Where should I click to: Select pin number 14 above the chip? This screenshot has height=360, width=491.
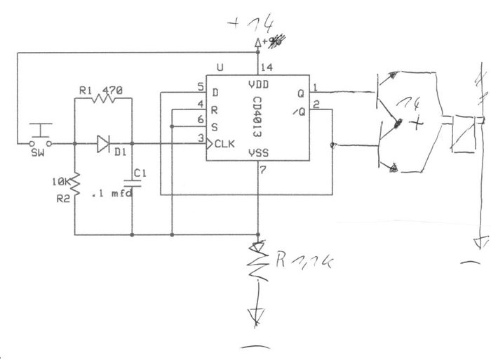pos(266,68)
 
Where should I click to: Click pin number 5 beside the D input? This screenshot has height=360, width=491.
pos(200,87)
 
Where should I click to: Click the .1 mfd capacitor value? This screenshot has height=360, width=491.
pos(113,194)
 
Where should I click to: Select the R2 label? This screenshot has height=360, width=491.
pos(62,199)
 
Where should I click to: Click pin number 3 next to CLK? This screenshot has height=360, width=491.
pos(200,138)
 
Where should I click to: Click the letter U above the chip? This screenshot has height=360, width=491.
pos(220,68)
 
